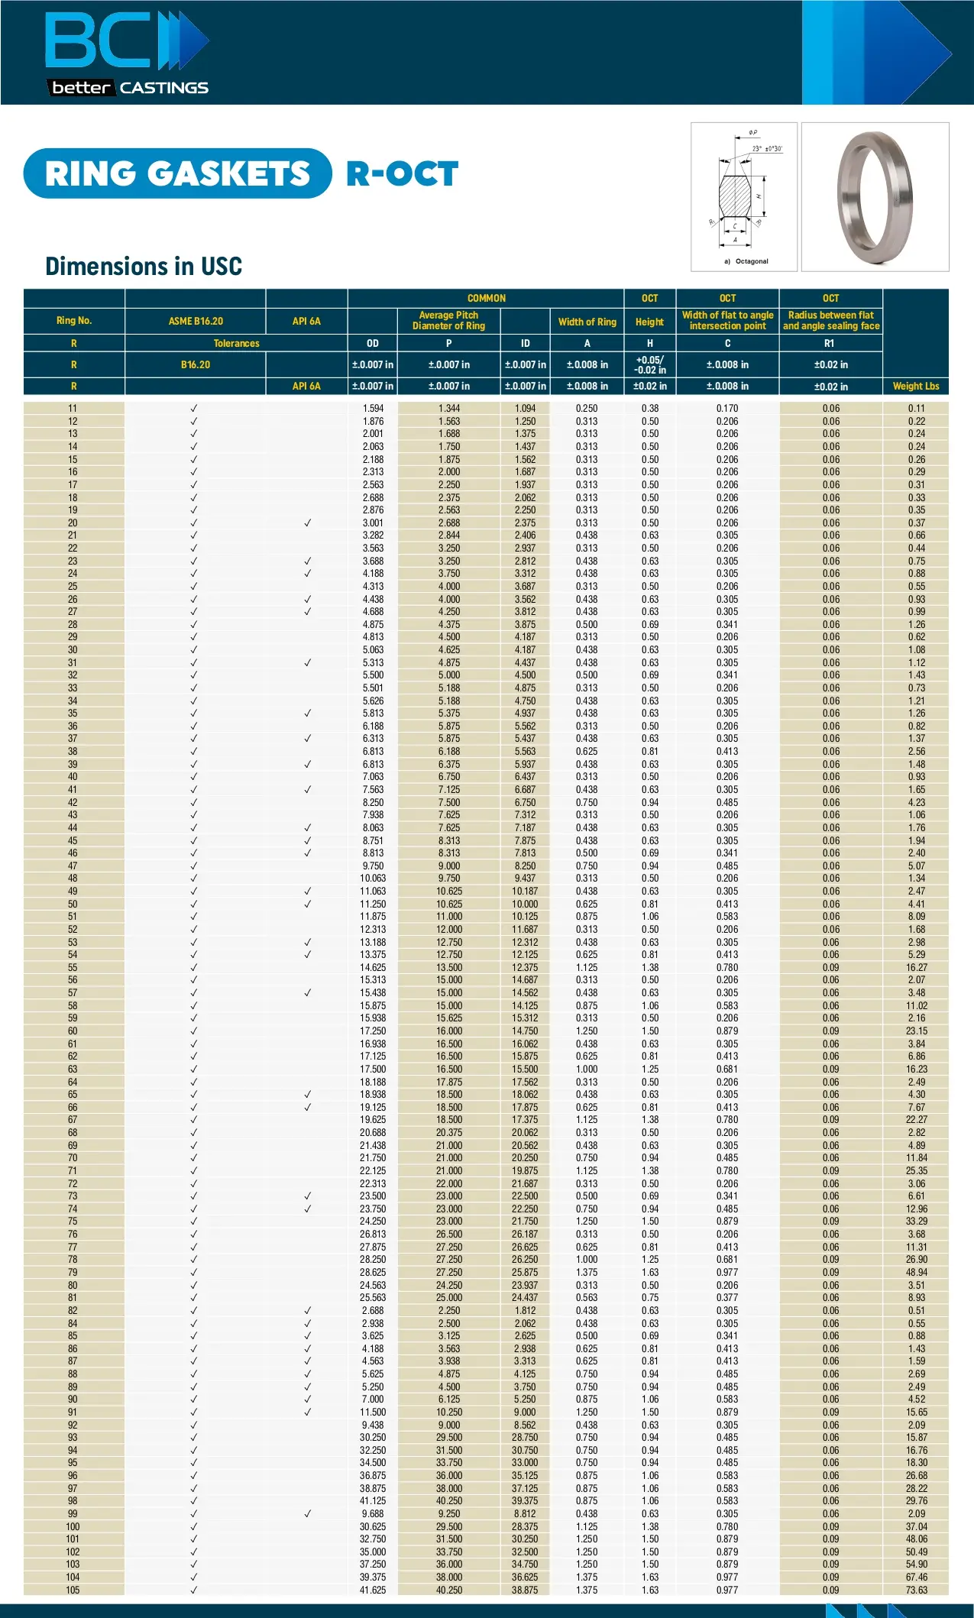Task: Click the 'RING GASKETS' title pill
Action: pos(178,173)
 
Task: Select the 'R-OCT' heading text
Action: pos(403,174)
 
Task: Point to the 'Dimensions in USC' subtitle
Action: pos(144,266)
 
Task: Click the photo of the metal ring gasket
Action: pos(875,197)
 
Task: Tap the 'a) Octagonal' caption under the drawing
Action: pos(746,261)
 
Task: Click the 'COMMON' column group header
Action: pos(486,298)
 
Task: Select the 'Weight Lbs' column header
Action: pos(916,387)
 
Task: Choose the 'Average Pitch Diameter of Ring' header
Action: pos(448,321)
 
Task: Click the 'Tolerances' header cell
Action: pos(236,343)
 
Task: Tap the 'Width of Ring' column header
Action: pos(587,322)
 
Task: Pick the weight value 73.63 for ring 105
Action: pos(916,1590)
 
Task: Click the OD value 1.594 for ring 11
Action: pos(373,409)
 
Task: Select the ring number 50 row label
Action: pos(73,904)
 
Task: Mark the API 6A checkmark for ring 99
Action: pos(308,1513)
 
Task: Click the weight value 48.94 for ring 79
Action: pos(916,1272)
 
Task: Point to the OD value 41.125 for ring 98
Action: pos(373,1500)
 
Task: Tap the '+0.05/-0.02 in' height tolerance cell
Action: pos(649,364)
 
